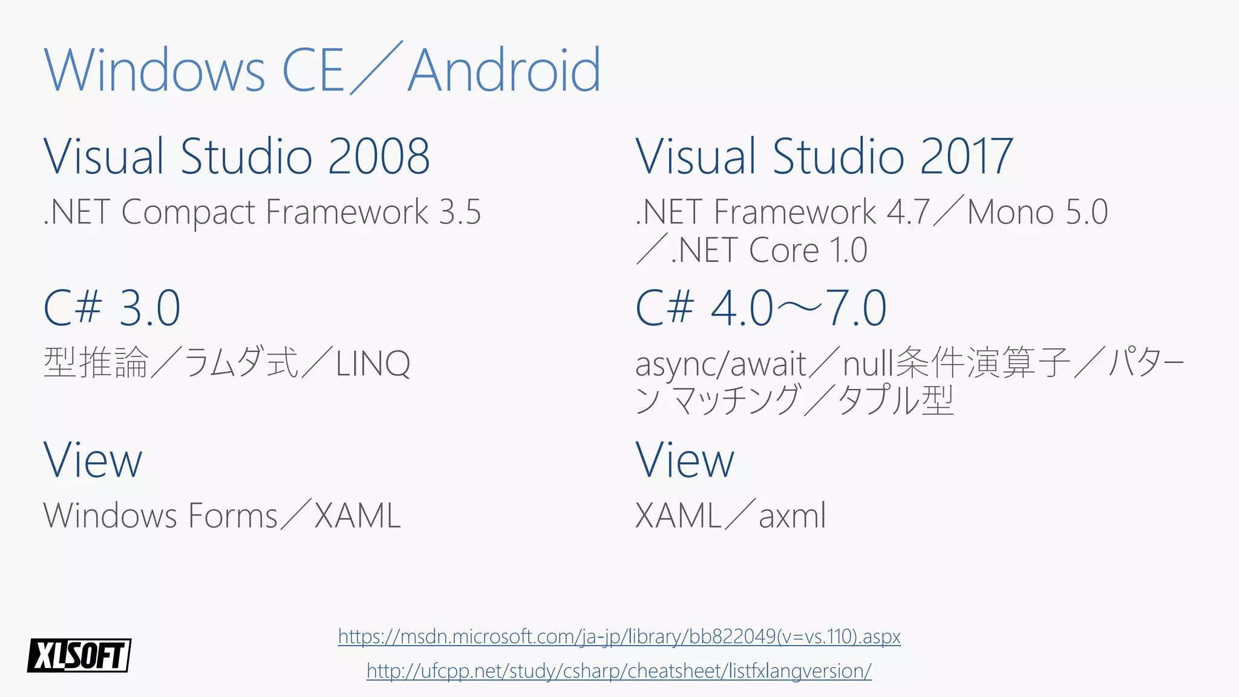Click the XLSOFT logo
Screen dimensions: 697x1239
79,655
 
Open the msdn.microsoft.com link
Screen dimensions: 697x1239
619,636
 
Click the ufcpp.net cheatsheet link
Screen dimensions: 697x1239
619,671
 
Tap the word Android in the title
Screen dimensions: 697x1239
505,71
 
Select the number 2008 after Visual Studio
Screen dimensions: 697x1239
379,157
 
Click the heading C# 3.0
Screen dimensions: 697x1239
112,308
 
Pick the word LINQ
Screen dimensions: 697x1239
373,364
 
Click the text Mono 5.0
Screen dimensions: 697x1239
1038,212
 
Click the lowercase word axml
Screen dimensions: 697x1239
792,516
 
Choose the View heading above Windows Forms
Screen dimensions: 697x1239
93,460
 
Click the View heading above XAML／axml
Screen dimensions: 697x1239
685,460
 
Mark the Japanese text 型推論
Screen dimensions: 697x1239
96,363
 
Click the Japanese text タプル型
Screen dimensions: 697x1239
895,400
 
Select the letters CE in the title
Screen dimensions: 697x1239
313,71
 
